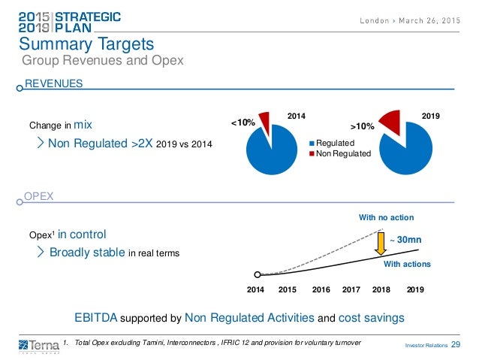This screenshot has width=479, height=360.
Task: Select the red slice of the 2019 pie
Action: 391,120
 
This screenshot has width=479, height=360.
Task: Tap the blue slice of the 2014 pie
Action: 273,150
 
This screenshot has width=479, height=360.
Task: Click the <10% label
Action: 243,121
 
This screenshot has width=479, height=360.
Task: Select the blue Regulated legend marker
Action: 312,141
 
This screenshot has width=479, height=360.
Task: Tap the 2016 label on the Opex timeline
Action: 321,289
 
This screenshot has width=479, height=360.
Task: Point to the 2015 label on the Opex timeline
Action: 288,289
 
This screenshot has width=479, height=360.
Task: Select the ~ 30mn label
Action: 405,239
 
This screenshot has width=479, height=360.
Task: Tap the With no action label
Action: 386,217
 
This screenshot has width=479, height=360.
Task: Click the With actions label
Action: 408,265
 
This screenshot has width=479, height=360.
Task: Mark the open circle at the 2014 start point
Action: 258,275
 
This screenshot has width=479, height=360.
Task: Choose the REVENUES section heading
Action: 54,84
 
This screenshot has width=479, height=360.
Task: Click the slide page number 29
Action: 456,344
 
